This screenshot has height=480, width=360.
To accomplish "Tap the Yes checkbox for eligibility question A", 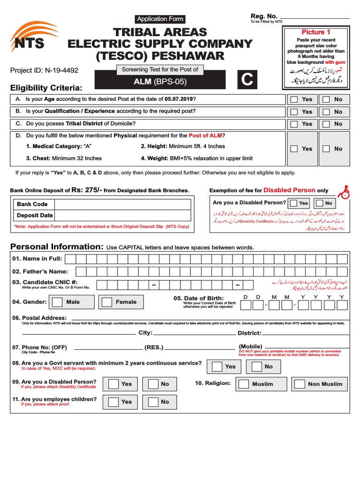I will (294, 99).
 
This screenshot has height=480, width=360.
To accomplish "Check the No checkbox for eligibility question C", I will (326, 124).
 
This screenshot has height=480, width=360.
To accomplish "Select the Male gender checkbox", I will (57, 302).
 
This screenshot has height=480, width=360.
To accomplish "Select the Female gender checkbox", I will (107, 302).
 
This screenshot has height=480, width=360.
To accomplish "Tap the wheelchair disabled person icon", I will (345, 190).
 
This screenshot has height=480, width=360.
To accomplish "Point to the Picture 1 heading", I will (316, 32).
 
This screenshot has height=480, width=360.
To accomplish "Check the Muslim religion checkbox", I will (243, 384).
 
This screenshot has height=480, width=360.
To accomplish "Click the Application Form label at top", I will (160, 19).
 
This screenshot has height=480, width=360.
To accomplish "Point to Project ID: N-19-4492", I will (44, 70).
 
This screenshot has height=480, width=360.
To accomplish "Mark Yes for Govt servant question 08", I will (216, 367).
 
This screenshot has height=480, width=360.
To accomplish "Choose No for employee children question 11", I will (153, 402).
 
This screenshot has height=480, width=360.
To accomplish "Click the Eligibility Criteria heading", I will (46, 88).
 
